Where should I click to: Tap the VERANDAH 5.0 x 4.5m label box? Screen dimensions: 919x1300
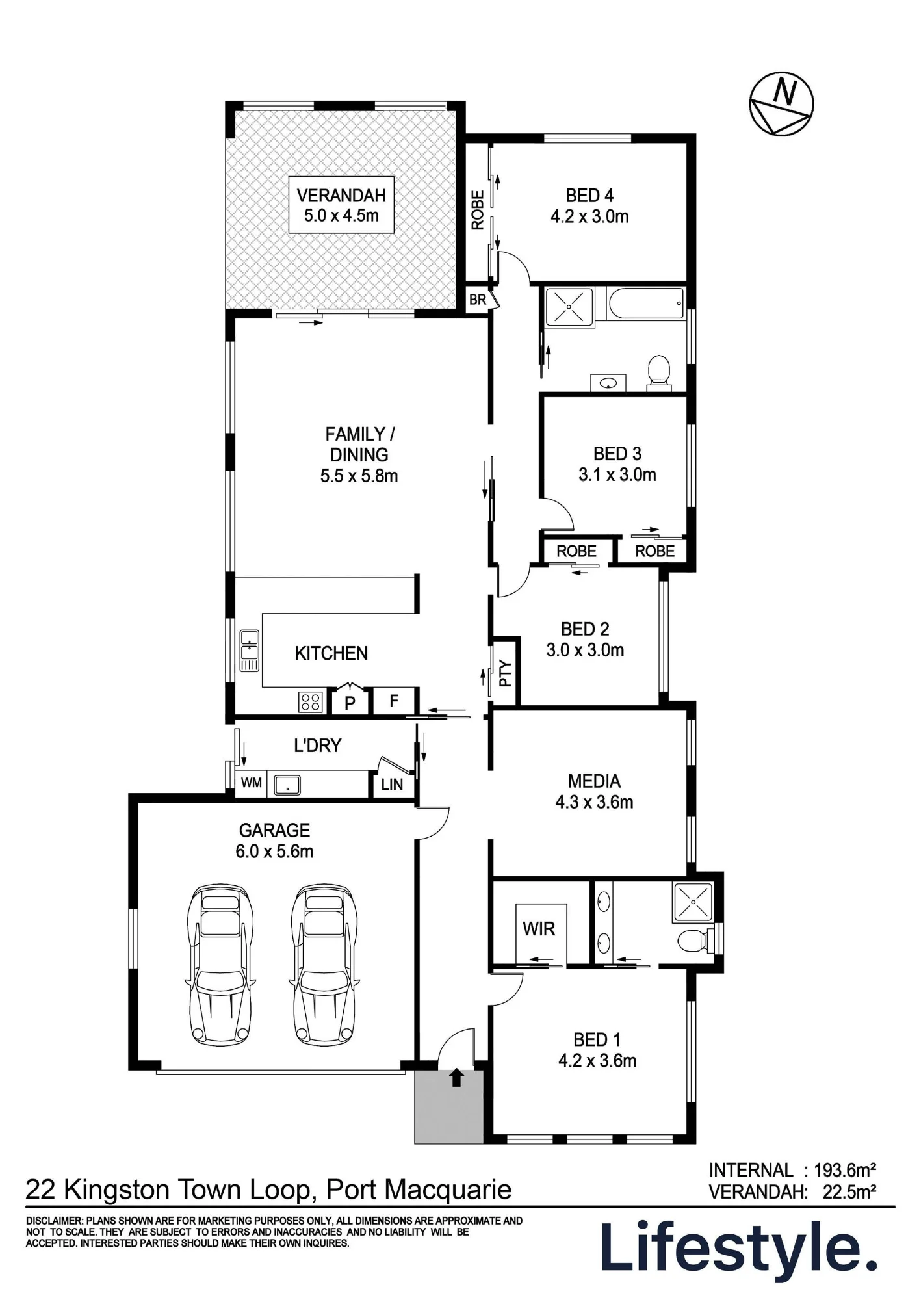[x=341, y=205]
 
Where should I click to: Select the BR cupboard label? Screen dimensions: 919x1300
[x=478, y=300]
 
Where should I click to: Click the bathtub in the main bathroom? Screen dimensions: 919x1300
[x=645, y=304]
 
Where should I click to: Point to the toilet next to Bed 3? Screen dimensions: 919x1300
[x=659, y=372]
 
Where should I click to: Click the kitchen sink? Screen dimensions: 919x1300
[x=250, y=650]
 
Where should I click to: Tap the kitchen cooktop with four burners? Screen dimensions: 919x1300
[x=311, y=701]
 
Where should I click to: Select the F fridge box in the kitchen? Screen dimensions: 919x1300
[x=394, y=701]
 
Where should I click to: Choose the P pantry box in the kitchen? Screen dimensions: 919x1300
[x=350, y=701]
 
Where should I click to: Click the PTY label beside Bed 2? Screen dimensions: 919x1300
[x=506, y=673]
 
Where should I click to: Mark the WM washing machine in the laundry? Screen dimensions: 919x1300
[x=252, y=783]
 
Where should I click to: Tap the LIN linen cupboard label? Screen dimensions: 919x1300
[x=392, y=785]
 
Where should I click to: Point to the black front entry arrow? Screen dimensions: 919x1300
[x=457, y=1077]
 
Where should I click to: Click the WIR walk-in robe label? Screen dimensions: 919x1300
[x=539, y=929]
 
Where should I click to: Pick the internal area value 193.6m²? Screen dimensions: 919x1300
[x=845, y=1171]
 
